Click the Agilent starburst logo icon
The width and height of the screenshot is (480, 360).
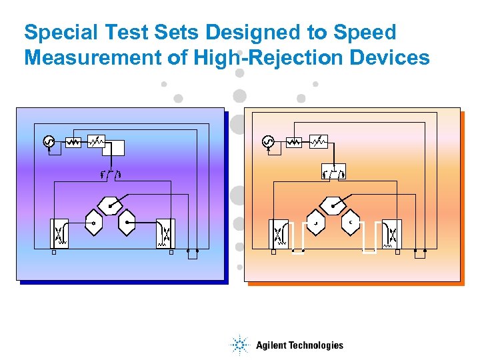click(239, 345)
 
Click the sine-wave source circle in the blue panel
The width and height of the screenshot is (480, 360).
click(49, 142)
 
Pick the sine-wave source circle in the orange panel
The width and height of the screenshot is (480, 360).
click(267, 142)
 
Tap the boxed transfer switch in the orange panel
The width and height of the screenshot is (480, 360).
click(333, 173)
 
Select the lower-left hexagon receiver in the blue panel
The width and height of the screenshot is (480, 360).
click(93, 223)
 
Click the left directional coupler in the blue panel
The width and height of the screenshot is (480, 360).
click(59, 233)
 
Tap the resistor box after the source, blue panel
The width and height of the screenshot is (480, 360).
click(73, 142)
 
